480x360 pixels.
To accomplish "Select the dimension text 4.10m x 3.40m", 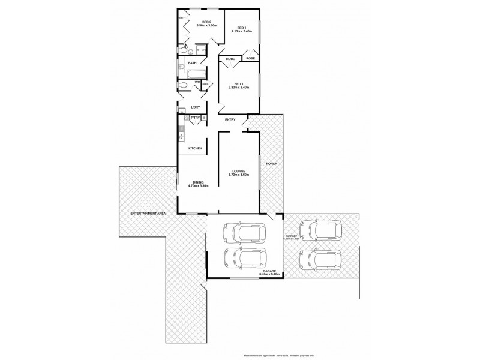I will pos(241,31).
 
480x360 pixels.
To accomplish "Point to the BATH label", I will pos(192,63).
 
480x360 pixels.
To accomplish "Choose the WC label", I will pos(197,83).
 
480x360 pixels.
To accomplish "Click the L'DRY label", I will pos(195,107).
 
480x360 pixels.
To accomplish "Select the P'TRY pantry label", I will pos(195,118).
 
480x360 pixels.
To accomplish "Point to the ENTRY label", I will pos(230,119).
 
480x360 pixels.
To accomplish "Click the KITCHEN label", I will pos(195,148).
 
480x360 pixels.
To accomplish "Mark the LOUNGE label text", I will pos(239,171).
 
